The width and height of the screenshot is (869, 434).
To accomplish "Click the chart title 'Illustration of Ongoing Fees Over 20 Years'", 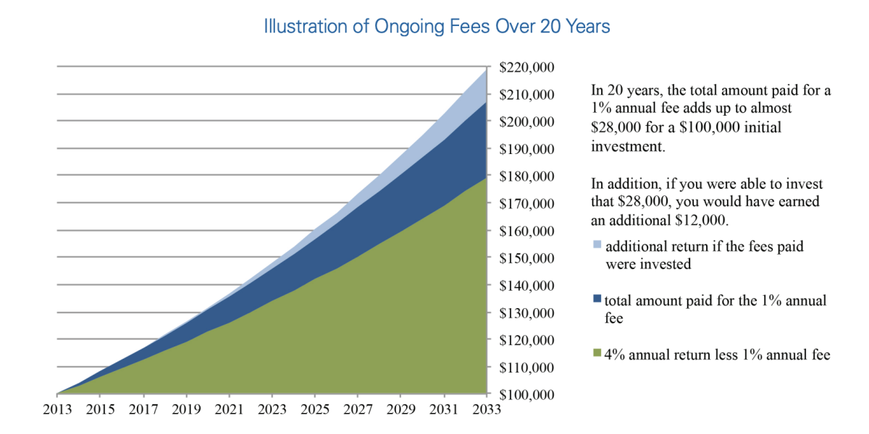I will (x=437, y=27).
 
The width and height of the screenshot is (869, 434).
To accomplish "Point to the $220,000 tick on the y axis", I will (x=527, y=68).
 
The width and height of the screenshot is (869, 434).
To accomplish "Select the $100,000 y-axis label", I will (x=527, y=395).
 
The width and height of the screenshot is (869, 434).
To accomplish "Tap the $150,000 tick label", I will (x=527, y=258).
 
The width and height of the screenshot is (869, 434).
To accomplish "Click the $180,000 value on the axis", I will (x=527, y=176).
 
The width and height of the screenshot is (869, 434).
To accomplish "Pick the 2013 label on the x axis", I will (x=56, y=410).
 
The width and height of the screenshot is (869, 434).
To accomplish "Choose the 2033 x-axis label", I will (x=485, y=410).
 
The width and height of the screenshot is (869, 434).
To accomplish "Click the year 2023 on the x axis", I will (x=271, y=410).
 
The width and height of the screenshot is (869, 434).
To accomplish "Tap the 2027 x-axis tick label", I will (x=357, y=410).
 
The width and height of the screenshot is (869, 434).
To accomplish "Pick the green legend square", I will (x=597, y=354).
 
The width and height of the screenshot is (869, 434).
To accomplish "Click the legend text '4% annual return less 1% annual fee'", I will (x=717, y=354).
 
